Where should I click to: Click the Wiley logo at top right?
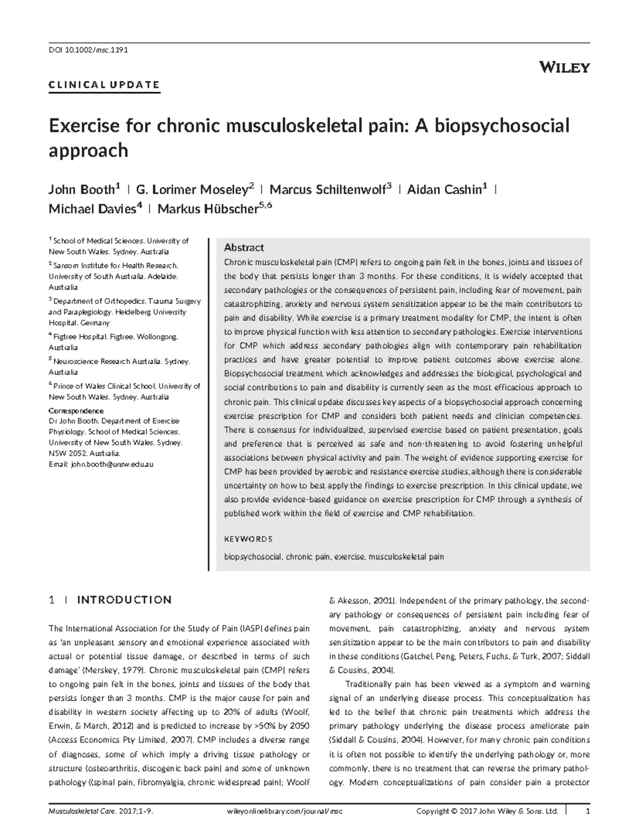pyautogui.click(x=564, y=68)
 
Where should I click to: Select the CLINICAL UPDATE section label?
pyautogui.click(x=104, y=84)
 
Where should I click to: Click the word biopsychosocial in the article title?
pyautogui.click(x=502, y=126)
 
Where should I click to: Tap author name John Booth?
pyautogui.click(x=81, y=190)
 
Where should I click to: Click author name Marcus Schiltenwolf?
pyautogui.click(x=327, y=190)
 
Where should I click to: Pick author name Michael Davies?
pyautogui.click(x=92, y=209)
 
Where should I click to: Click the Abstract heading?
pyautogui.click(x=244, y=248)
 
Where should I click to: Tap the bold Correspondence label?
pyautogui.click(x=76, y=411)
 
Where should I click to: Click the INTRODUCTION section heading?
pyautogui.click(x=124, y=600)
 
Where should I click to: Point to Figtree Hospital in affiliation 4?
pyautogui.click(x=79, y=337)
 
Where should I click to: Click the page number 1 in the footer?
pyautogui.click(x=587, y=812)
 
